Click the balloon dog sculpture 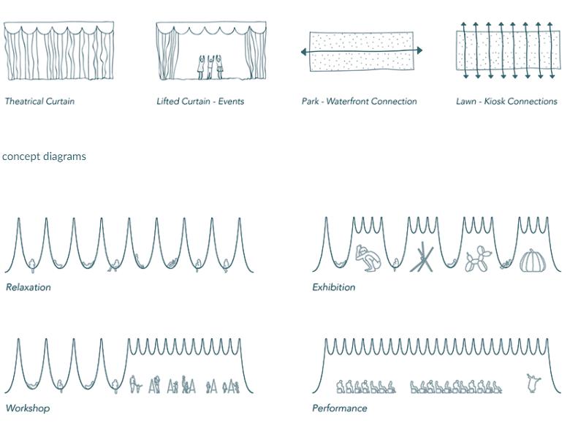point(479,260)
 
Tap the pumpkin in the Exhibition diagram point(533,261)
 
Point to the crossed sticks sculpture point(422,259)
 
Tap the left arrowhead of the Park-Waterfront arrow point(304,52)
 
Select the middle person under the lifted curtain point(210,66)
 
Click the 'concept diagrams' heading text point(44,156)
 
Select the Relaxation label point(28,287)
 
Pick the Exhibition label point(334,287)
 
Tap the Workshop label point(28,408)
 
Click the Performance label point(339,408)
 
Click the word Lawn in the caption point(466,102)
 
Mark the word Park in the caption point(310,102)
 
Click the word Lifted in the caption point(167,102)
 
